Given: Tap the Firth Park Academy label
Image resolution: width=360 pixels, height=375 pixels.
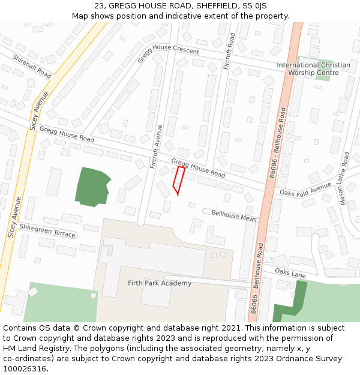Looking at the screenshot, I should (x=160, y=283).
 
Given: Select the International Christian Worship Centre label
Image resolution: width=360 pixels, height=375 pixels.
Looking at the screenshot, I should (x=313, y=69).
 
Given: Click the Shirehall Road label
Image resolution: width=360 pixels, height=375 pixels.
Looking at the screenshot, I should (x=32, y=65).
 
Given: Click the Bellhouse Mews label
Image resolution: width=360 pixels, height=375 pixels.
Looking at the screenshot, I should (x=233, y=216).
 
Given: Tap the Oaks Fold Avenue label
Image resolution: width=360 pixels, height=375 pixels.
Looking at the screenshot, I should (x=305, y=189).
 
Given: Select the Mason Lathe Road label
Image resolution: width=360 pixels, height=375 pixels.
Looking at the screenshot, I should (x=344, y=178).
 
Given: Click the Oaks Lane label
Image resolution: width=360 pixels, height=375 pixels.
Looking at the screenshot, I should (x=290, y=274).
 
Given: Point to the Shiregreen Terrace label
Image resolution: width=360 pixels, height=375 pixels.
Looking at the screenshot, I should (x=47, y=230).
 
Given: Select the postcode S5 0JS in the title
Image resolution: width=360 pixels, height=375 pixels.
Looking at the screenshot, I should (x=254, y=6).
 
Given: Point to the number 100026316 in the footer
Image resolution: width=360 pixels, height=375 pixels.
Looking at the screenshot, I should (x=26, y=368).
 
